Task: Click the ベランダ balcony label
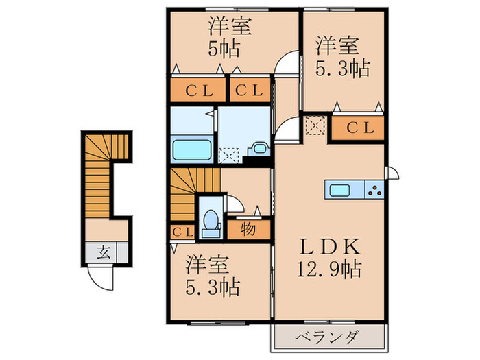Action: tap(328, 337)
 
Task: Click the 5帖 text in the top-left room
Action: tap(229, 49)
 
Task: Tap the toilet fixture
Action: tap(212, 219)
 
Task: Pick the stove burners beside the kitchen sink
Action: tap(374, 190)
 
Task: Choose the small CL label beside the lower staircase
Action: tap(181, 232)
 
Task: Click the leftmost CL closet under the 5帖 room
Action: tap(198, 90)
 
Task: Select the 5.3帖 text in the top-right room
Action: tap(342, 68)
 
